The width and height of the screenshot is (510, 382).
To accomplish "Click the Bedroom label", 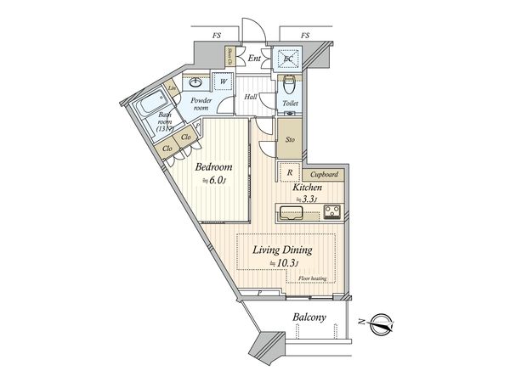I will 213,167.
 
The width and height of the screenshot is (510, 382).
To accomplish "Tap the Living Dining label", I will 283,250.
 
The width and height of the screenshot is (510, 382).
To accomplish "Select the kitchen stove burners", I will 329,211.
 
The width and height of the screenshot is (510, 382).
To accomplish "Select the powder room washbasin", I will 195,82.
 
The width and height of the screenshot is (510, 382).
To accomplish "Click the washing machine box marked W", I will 224,82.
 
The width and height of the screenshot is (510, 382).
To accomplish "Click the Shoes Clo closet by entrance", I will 230,59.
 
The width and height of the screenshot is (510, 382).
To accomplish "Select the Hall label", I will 252,98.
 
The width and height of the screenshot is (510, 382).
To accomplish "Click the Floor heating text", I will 313,278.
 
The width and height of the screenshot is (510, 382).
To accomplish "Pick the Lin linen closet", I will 172,88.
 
